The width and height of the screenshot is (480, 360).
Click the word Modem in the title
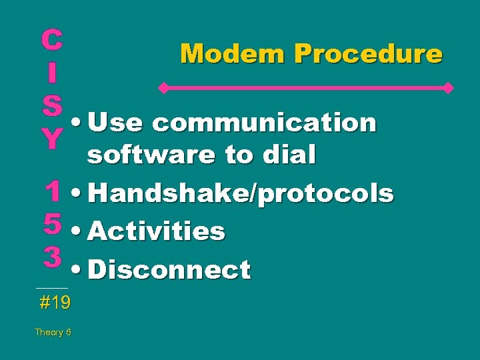pyautogui.click(x=225, y=53)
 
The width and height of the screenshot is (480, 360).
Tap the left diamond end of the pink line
pyautogui.click(x=161, y=87)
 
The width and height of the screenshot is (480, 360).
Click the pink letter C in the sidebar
pyautogui.click(x=52, y=40)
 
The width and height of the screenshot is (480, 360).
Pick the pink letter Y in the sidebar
pyautogui.click(x=52, y=137)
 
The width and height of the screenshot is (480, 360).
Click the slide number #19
pyautogui.click(x=55, y=303)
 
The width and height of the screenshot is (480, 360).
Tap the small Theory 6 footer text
pyautogui.click(x=53, y=332)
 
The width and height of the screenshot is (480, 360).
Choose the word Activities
pyautogui.click(x=156, y=231)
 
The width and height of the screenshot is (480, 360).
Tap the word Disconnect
pyautogui.click(x=169, y=270)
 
